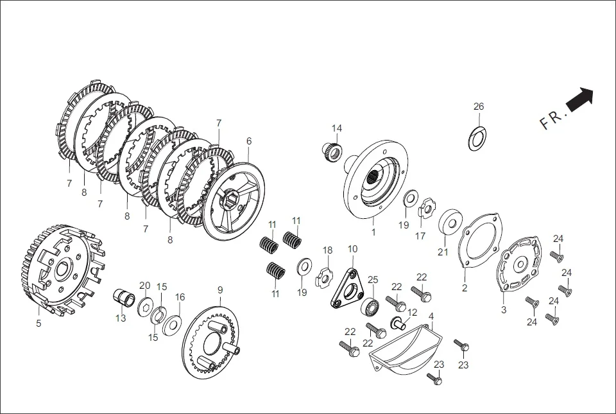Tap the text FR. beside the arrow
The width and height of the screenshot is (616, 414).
(x=553, y=119)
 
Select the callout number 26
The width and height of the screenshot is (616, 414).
(x=479, y=107)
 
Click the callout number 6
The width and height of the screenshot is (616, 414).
(x=249, y=141)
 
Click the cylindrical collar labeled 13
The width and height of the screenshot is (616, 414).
(x=124, y=298)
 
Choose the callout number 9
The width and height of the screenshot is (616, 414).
(x=220, y=289)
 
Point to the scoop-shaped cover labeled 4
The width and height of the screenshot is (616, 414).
(x=402, y=353)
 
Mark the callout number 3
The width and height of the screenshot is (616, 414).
(x=504, y=309)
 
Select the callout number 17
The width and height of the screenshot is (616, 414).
(x=420, y=236)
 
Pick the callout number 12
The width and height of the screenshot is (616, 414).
(x=412, y=313)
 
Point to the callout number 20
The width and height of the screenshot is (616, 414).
(x=145, y=286)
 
